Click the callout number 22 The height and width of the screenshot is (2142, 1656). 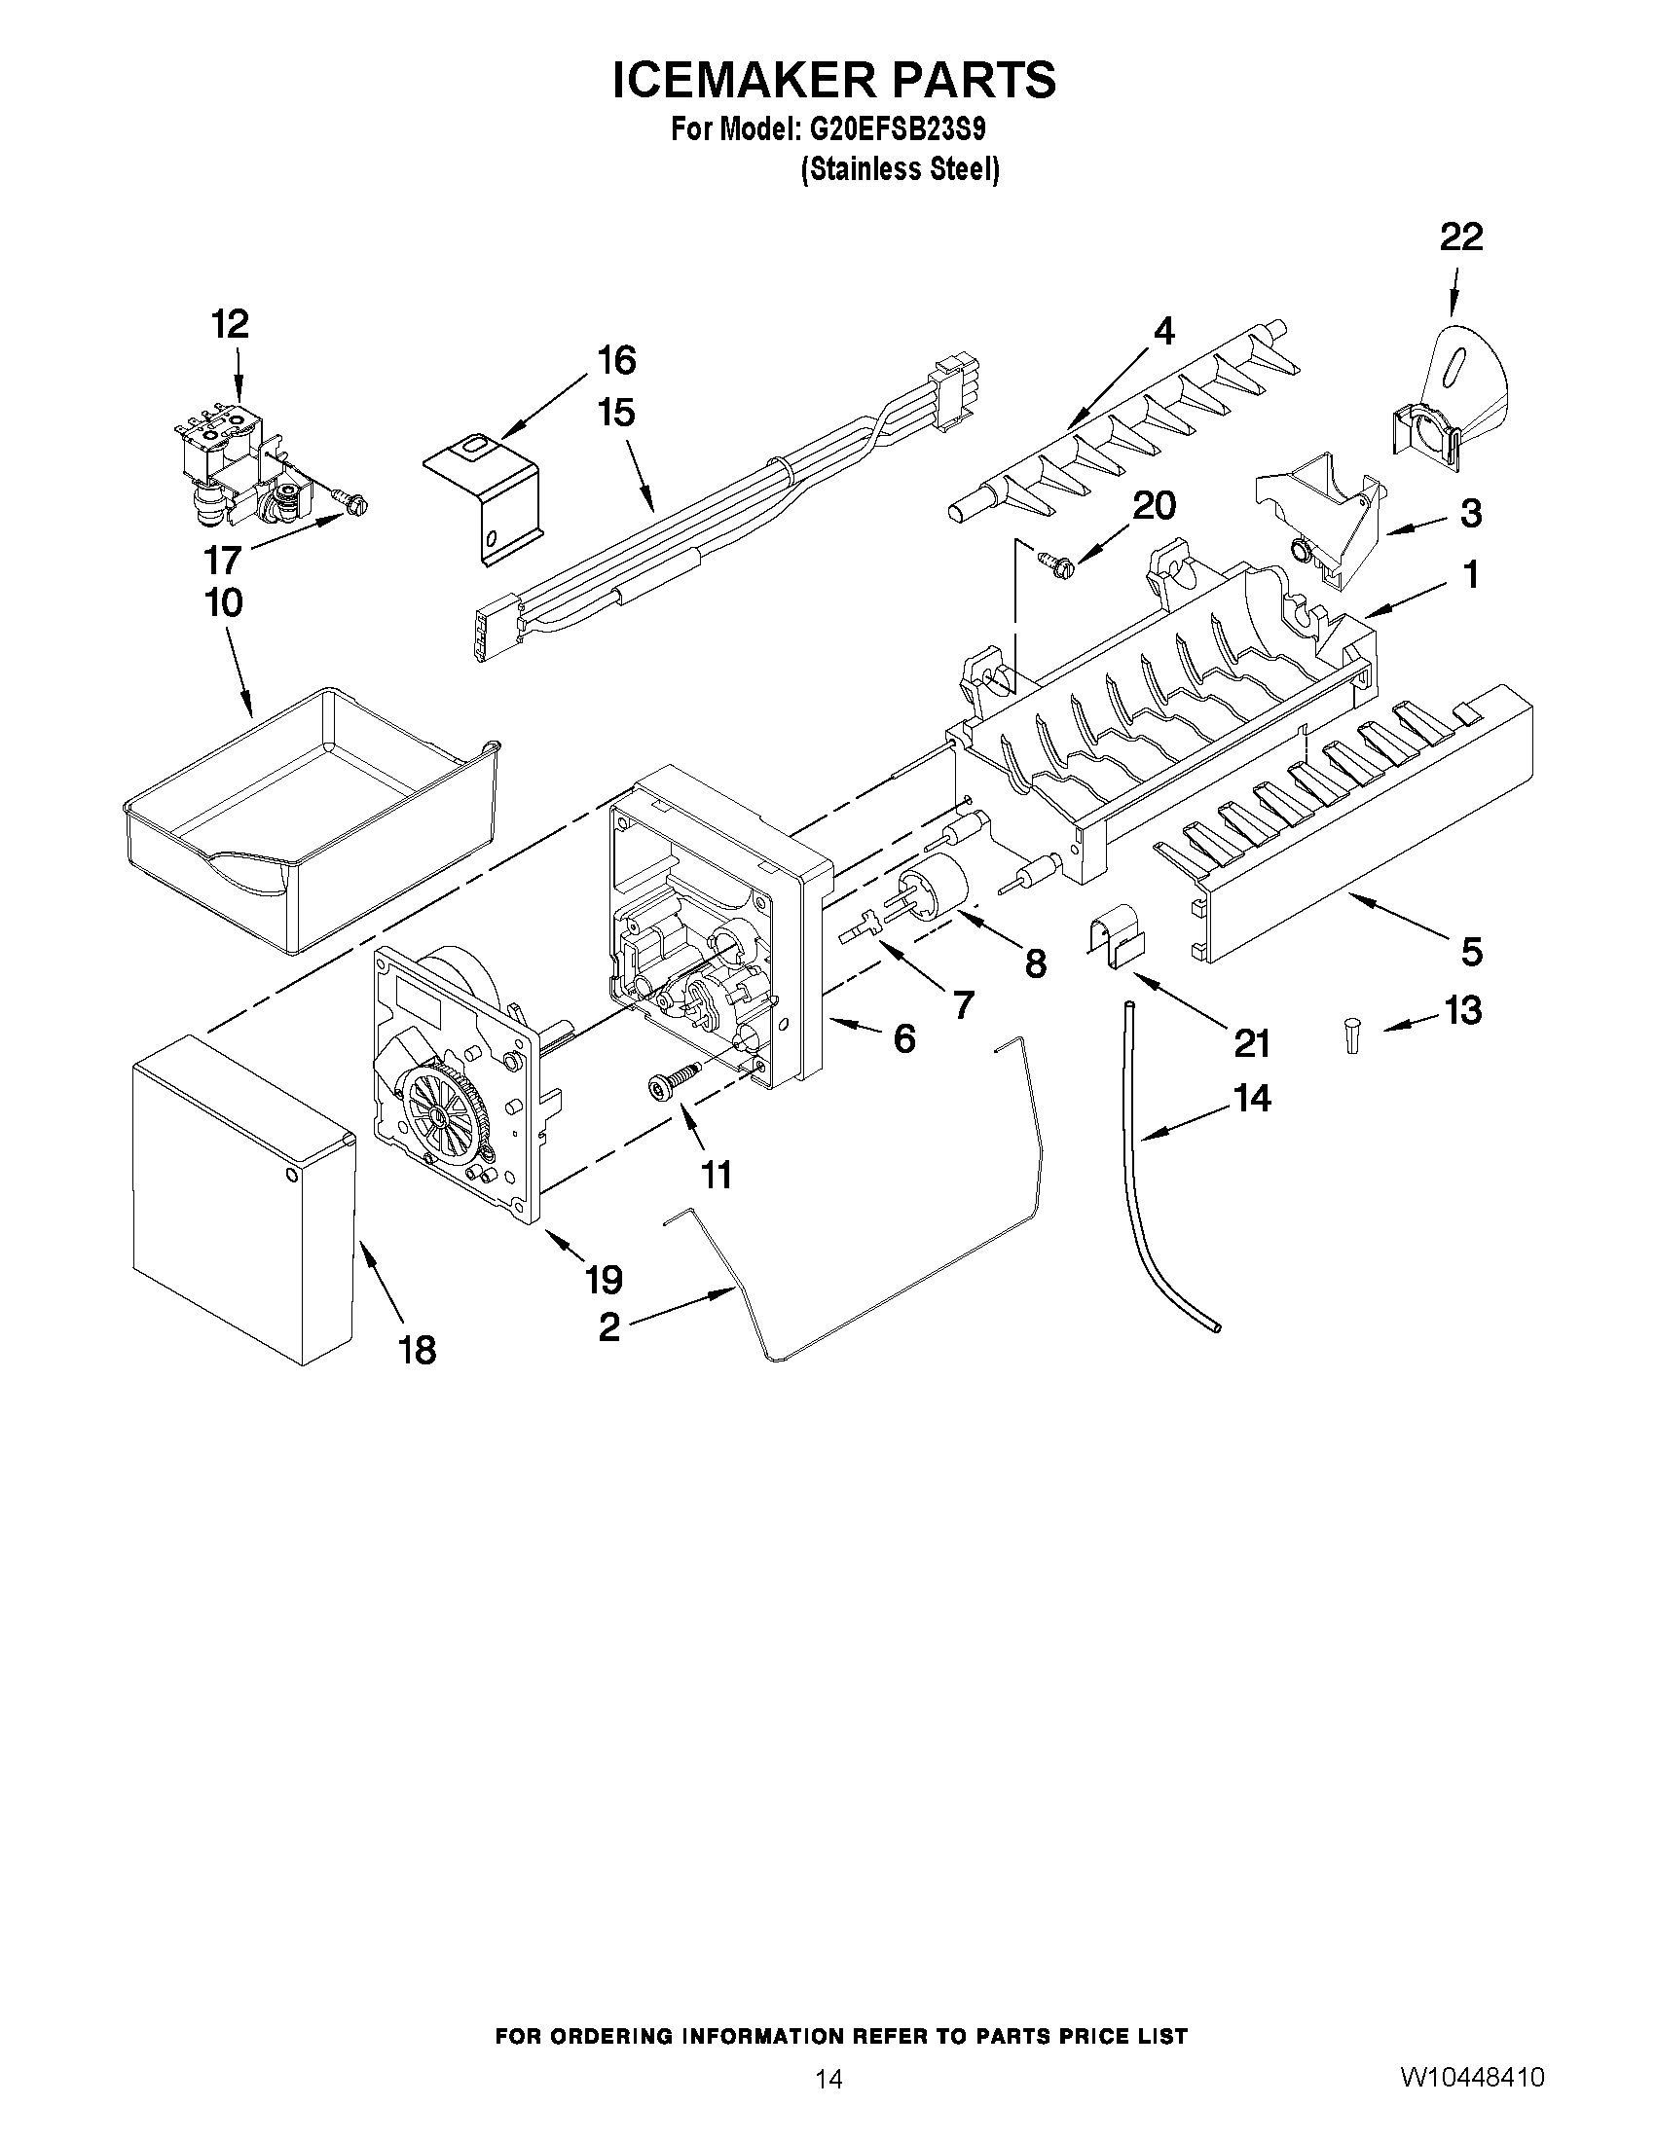pyautogui.click(x=1460, y=237)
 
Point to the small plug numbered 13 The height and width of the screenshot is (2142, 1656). pyautogui.click(x=1352, y=1035)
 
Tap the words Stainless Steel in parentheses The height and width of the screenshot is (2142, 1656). pyautogui.click(x=900, y=168)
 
